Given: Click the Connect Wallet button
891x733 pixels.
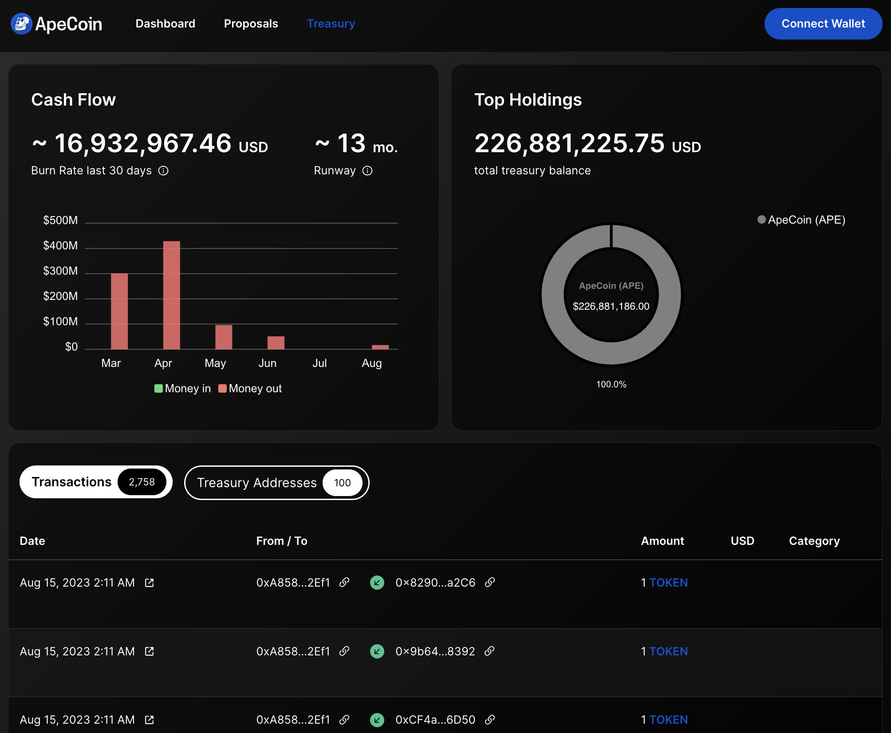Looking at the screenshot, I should (823, 24).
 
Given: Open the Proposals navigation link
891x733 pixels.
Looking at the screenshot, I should (251, 24).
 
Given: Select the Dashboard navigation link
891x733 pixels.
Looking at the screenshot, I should (165, 24).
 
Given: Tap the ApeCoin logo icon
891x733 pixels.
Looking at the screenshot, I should (21, 24).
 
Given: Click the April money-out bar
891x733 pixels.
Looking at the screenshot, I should (172, 295).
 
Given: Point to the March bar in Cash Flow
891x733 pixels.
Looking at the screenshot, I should (119, 311).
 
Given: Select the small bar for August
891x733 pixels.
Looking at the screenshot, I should (380, 347).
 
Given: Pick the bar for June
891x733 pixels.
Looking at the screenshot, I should (276, 343).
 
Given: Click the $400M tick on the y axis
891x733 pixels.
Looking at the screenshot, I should (60, 246).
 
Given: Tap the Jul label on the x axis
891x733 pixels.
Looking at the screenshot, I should (319, 363).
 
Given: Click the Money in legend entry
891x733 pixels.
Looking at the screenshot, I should (183, 389).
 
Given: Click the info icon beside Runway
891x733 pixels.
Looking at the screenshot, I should (367, 171).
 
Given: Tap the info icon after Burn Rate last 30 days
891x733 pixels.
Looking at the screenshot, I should (163, 171).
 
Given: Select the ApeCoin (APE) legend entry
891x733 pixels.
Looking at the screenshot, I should (801, 220).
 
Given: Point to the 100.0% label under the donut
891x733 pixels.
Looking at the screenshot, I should (611, 385).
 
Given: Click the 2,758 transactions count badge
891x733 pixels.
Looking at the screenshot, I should (142, 482).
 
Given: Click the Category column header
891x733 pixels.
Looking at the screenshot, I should (814, 541).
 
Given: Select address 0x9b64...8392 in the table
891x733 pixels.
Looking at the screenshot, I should (435, 651).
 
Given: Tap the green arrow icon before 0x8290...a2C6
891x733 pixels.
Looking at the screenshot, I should (377, 583).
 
